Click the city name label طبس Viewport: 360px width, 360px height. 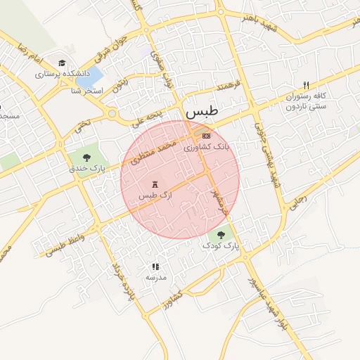(x=202, y=112)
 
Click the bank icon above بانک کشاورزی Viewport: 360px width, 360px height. (x=206, y=136)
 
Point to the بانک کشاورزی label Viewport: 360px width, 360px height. (x=207, y=148)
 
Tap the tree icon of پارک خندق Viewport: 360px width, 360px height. (x=86, y=157)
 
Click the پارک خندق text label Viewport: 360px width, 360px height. (x=87, y=169)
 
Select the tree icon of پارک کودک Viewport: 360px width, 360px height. (x=221, y=235)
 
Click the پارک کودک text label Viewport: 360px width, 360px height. (x=221, y=246)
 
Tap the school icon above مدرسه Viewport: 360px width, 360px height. (x=155, y=266)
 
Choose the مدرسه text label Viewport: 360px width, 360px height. (x=155, y=277)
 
